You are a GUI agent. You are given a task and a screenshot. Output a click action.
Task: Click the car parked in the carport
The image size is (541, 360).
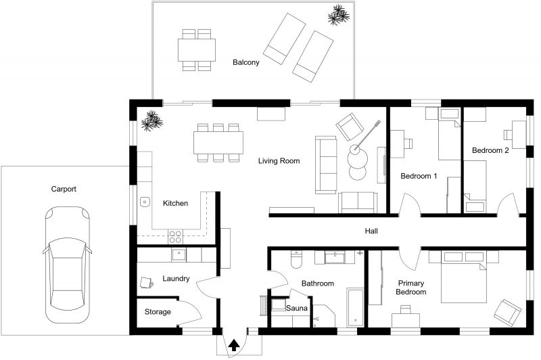(x=66, y=267)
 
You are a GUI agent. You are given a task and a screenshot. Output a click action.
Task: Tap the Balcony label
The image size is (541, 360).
(x=246, y=62)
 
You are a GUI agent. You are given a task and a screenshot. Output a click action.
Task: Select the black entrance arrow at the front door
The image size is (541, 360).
(x=234, y=344)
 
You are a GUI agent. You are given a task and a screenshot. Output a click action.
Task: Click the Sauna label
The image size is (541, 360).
(x=297, y=309)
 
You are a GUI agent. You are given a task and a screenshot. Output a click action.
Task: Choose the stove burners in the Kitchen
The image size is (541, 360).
(x=174, y=237)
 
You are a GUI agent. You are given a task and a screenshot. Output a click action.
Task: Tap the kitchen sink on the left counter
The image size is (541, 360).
(x=144, y=202)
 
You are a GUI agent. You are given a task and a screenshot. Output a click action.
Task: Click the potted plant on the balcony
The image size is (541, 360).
(x=338, y=14)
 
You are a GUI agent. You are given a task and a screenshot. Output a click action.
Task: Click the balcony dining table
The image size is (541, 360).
(x=196, y=49)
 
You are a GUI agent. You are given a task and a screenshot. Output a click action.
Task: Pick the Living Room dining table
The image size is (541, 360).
(x=218, y=143)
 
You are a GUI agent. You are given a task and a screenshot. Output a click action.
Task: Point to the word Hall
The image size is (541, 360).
(x=371, y=231)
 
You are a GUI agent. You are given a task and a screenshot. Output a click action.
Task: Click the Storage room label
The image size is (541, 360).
(x=158, y=312)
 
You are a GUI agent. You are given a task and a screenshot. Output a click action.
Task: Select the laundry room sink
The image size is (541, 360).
(x=179, y=254)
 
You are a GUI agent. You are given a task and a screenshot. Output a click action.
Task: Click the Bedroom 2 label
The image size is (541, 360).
(x=490, y=150)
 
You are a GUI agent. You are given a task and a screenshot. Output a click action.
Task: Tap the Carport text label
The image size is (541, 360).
(x=64, y=189)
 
